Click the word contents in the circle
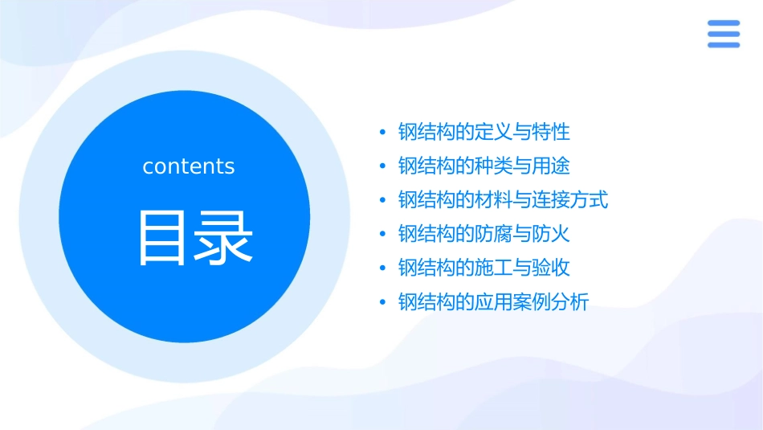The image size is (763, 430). pyautogui.click(x=189, y=166)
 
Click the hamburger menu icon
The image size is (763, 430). pyautogui.click(x=723, y=34)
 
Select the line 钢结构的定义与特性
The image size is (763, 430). pyautogui.click(x=484, y=132)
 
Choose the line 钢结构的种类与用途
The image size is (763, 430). pyautogui.click(x=484, y=166)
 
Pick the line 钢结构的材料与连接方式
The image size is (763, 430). pyautogui.click(x=503, y=199)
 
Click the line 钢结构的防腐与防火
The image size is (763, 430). pyautogui.click(x=484, y=234)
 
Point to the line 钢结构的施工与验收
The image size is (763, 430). pyautogui.click(x=484, y=268)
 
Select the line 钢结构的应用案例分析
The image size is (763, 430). pyautogui.click(x=493, y=302)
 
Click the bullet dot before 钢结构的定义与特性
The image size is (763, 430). pyautogui.click(x=382, y=132)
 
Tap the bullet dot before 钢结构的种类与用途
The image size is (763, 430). pyautogui.click(x=382, y=166)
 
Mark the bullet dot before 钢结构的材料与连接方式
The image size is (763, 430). pyautogui.click(x=382, y=200)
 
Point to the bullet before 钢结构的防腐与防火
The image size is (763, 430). pyautogui.click(x=382, y=235)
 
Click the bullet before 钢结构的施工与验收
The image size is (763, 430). pyautogui.click(x=382, y=268)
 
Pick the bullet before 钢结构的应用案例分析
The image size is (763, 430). pyautogui.click(x=382, y=303)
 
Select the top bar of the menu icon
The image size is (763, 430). pyautogui.click(x=723, y=23)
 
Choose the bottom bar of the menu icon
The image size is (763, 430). pyautogui.click(x=723, y=44)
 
